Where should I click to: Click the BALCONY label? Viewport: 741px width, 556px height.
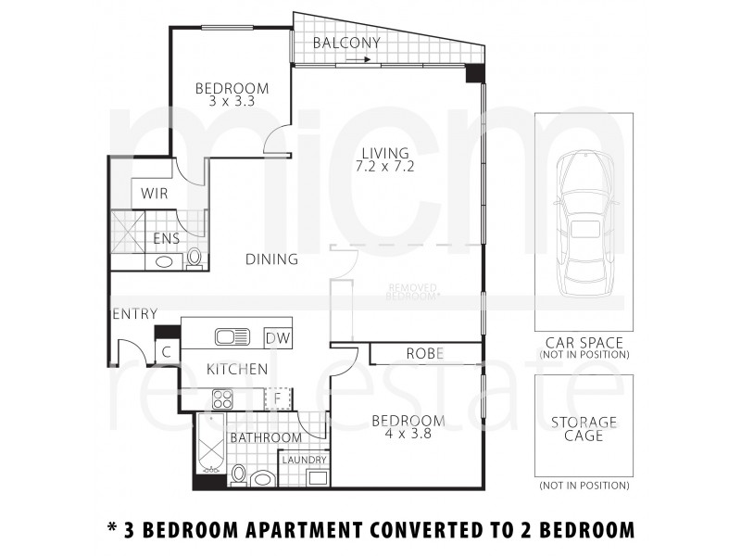pos(346,43)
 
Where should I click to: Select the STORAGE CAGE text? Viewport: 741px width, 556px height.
pos(584,429)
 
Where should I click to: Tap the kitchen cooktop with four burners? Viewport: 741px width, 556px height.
pos(223,399)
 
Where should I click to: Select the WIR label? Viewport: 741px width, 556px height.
pos(154,195)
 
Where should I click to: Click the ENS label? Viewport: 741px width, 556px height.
pos(166,238)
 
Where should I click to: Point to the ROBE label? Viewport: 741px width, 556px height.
pos(425,354)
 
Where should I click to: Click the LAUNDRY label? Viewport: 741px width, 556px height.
pos(304,460)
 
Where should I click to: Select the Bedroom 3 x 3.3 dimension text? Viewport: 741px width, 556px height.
pos(231,102)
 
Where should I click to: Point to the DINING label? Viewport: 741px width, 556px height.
pos(271,259)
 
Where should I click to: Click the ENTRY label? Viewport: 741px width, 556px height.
pos(134,314)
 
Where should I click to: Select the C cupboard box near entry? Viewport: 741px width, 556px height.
pos(166,351)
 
